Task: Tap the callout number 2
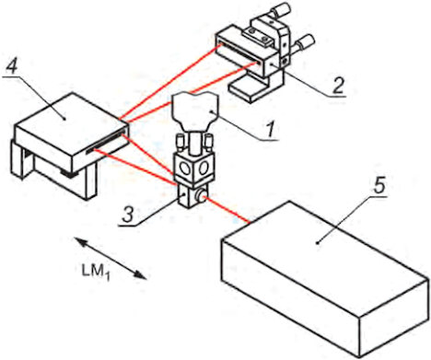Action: pyautogui.click(x=337, y=85)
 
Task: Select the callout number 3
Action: pyautogui.click(x=128, y=214)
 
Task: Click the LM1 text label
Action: pyautogui.click(x=96, y=273)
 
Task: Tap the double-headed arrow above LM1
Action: pyautogui.click(x=111, y=258)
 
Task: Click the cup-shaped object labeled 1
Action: pyautogui.click(x=194, y=112)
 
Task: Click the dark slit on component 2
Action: pyautogui.click(x=240, y=54)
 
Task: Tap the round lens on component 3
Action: pyautogui.click(x=201, y=196)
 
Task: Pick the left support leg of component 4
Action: pyautogui.click(x=17, y=159)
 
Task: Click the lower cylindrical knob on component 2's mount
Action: pyautogui.click(x=305, y=42)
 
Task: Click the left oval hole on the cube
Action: pyautogui.click(x=185, y=168)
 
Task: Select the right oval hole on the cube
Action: pyautogui.click(x=204, y=168)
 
